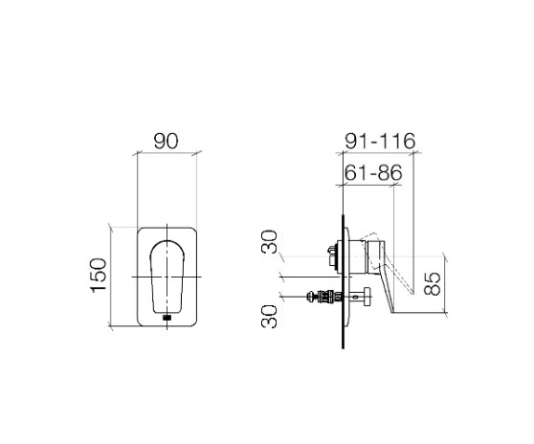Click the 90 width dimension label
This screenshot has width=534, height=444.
pyautogui.click(x=166, y=141)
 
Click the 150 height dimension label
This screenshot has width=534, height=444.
pyautogui.click(x=99, y=276)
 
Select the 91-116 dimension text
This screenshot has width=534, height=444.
pyautogui.click(x=380, y=141)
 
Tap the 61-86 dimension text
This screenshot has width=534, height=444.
pyautogui.click(x=373, y=172)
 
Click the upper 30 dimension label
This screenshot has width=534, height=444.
pyautogui.click(x=269, y=242)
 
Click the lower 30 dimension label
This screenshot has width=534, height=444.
pyautogui.click(x=269, y=317)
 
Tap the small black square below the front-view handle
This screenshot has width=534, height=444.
pyautogui.click(x=167, y=318)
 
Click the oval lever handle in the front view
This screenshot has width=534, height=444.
pyautogui.click(x=167, y=277)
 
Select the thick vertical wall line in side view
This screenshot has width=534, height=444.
pyautogui.click(x=343, y=281)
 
